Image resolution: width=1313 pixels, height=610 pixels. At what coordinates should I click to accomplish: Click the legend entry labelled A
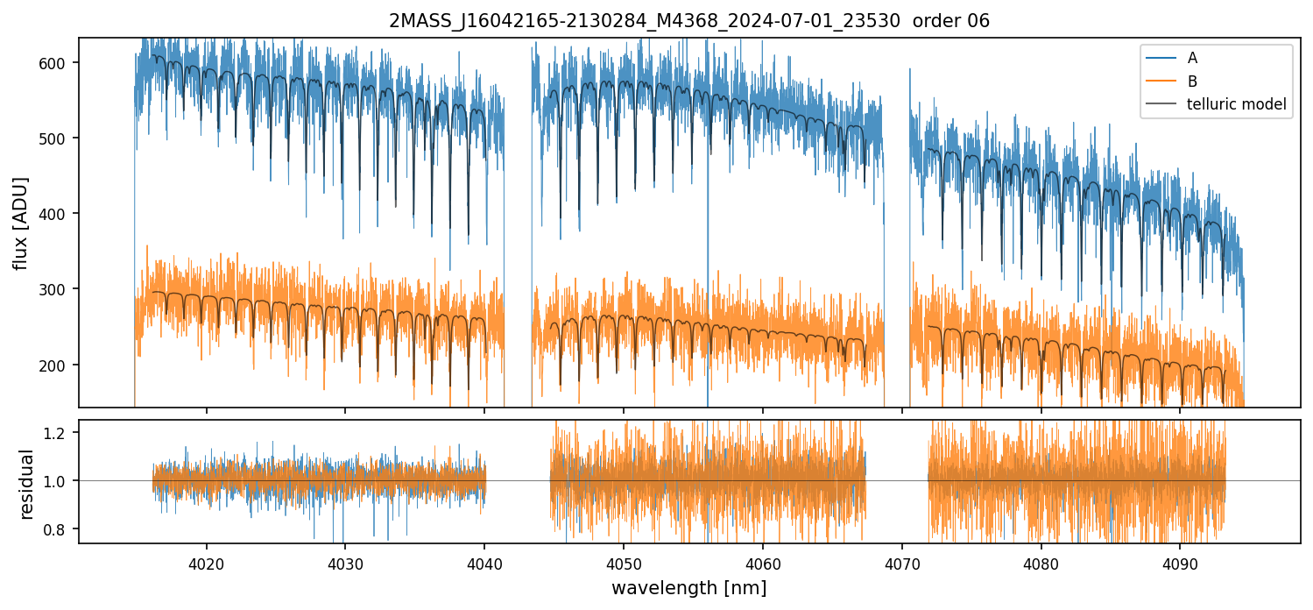point(1192,58)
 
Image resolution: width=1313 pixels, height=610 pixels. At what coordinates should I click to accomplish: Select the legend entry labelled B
point(1192,82)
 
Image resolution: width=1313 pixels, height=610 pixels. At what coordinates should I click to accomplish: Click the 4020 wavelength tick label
point(207,561)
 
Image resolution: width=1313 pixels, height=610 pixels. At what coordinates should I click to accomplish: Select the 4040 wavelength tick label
point(484,561)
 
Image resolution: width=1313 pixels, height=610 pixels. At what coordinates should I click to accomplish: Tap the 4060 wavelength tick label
point(762,561)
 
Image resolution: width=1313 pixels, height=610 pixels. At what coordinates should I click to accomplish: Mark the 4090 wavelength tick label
point(1179,561)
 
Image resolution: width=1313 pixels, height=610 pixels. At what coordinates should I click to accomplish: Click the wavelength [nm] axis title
point(688,587)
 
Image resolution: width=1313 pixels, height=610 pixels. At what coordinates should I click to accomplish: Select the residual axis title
point(26,484)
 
